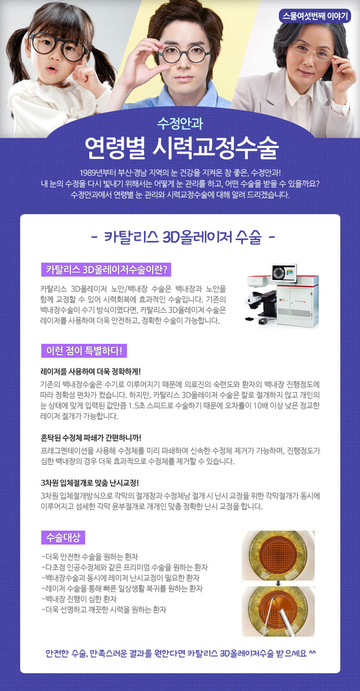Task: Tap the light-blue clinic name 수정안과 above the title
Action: [180, 123]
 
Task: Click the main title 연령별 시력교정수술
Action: [182, 147]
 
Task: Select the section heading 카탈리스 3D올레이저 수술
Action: [182, 237]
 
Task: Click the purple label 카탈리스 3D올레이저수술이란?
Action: [106, 269]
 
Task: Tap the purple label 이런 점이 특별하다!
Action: [84, 351]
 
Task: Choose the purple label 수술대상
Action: [63, 537]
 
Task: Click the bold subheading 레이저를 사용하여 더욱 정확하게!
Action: [91, 371]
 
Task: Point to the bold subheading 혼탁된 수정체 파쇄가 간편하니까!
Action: [91, 438]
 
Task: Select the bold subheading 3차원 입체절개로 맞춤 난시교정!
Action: [90, 483]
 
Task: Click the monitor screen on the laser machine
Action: [284, 273]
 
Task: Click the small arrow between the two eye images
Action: [278, 583]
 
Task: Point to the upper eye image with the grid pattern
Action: [278, 555]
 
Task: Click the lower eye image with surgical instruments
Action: [278, 611]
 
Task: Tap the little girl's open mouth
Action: [53, 68]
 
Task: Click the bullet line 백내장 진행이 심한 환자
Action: [79, 599]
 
